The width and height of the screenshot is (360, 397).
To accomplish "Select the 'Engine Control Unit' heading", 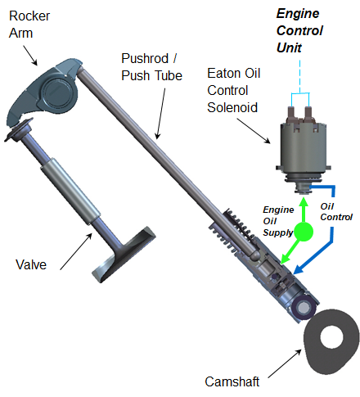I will [x=300, y=32].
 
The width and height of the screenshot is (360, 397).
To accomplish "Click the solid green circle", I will [x=304, y=232].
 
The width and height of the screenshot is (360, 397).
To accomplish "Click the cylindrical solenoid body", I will [x=304, y=148].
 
